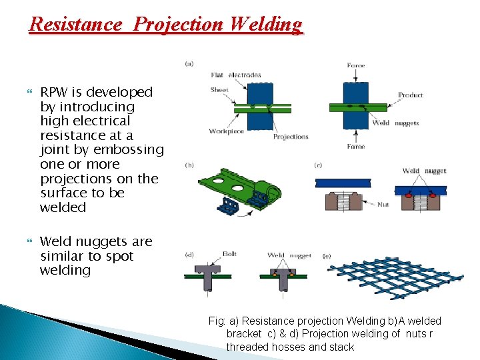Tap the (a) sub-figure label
189,64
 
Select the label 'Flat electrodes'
235,75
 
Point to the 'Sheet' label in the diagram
219,89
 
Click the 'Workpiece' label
227,131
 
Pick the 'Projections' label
291,137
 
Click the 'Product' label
411,95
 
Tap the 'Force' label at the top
356,65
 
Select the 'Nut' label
383,205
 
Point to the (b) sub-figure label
189,165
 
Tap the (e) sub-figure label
327,255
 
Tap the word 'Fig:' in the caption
217,321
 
